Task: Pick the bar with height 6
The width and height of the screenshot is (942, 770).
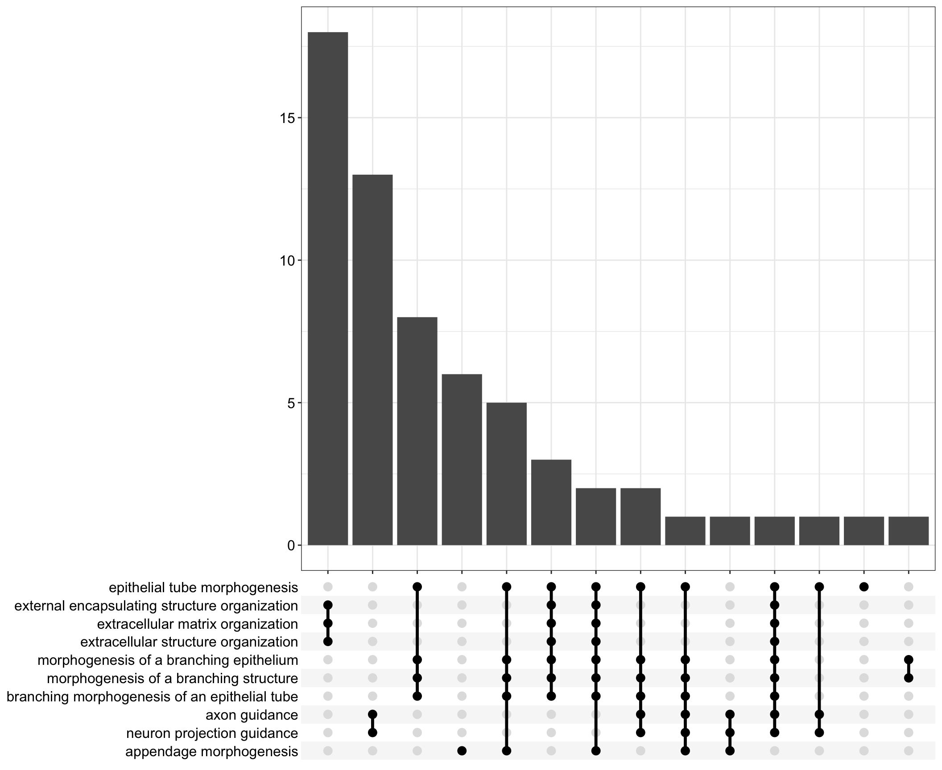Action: click(x=462, y=459)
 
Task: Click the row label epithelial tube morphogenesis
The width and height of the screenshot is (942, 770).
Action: click(x=203, y=588)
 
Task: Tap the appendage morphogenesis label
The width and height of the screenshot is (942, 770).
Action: click(x=211, y=752)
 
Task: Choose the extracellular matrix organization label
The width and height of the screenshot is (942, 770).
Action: click(x=197, y=624)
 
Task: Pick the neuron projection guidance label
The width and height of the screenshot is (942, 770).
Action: click(x=212, y=733)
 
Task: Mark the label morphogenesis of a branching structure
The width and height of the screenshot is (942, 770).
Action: click(x=172, y=679)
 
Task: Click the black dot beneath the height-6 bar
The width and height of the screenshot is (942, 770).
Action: click(x=462, y=751)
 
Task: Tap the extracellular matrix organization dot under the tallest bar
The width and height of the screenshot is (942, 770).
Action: click(x=328, y=623)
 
